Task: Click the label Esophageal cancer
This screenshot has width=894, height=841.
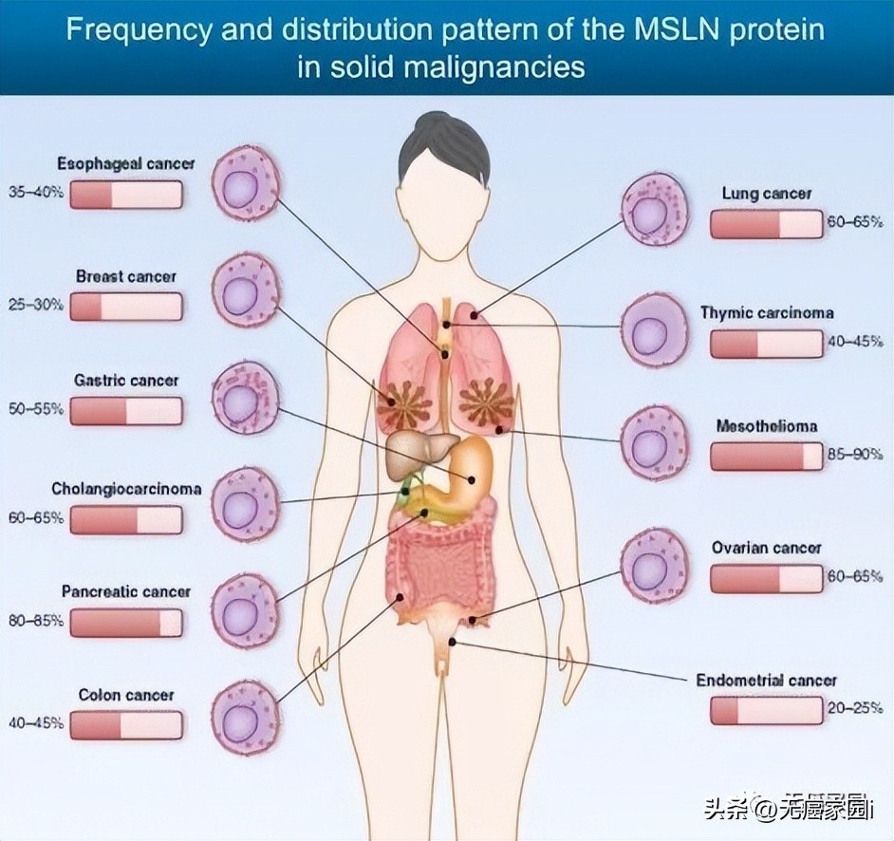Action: click(x=125, y=163)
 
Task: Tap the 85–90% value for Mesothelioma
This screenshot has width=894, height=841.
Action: click(x=854, y=455)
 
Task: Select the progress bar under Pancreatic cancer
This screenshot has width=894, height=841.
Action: click(x=125, y=623)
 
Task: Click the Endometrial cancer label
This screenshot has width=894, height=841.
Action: click(x=766, y=681)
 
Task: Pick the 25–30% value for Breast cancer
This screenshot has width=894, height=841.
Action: click(x=36, y=306)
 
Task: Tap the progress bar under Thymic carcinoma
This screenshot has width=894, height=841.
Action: click(x=766, y=344)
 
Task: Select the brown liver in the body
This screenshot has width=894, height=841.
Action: click(x=415, y=455)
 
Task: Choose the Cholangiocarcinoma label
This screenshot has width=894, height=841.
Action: click(x=125, y=490)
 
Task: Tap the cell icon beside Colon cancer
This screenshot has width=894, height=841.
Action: click(x=245, y=716)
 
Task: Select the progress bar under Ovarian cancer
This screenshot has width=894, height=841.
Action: click(x=766, y=578)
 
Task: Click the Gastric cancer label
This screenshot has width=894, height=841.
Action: click(x=125, y=381)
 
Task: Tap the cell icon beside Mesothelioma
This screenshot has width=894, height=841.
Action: click(x=654, y=443)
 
